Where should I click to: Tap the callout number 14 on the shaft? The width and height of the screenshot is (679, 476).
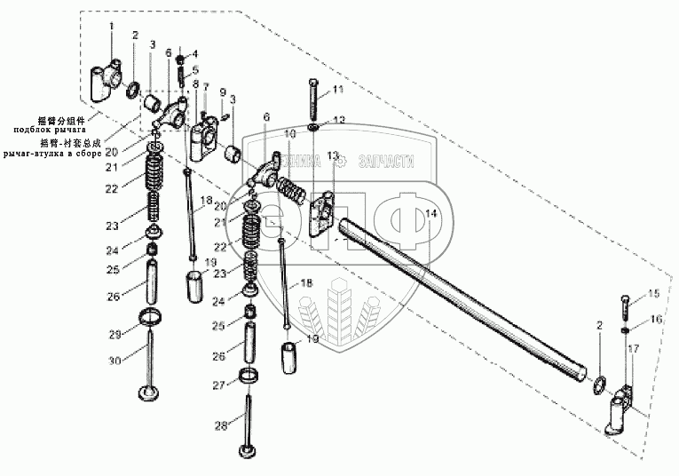click(x=430, y=213)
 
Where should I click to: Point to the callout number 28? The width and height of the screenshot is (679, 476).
click(x=221, y=426)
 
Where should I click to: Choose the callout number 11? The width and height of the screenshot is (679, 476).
click(x=337, y=90)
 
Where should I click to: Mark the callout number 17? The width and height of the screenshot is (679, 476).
click(x=633, y=349)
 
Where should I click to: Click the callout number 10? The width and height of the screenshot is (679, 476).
click(x=290, y=133)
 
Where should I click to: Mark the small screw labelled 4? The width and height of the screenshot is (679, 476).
click(x=181, y=59)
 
